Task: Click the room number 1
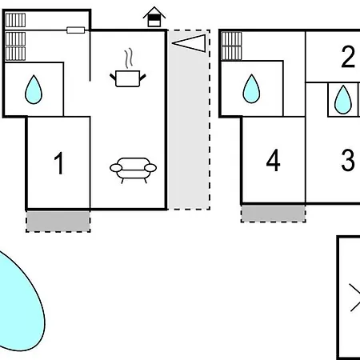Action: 58,163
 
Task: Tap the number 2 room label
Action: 348,57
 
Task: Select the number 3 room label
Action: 348,160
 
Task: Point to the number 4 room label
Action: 274,160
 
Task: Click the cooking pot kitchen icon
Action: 128,78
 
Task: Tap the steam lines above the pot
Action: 129,58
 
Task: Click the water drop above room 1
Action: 34,90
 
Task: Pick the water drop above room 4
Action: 251,89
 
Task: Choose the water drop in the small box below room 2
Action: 343,100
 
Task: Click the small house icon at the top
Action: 154,17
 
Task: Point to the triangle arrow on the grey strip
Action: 190,43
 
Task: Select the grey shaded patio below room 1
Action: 58,222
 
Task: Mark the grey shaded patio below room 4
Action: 274,214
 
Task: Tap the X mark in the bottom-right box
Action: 355,298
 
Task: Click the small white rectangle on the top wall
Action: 76,30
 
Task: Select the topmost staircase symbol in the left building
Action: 15,20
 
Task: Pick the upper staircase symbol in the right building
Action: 231,39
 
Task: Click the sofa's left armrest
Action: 116,168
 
